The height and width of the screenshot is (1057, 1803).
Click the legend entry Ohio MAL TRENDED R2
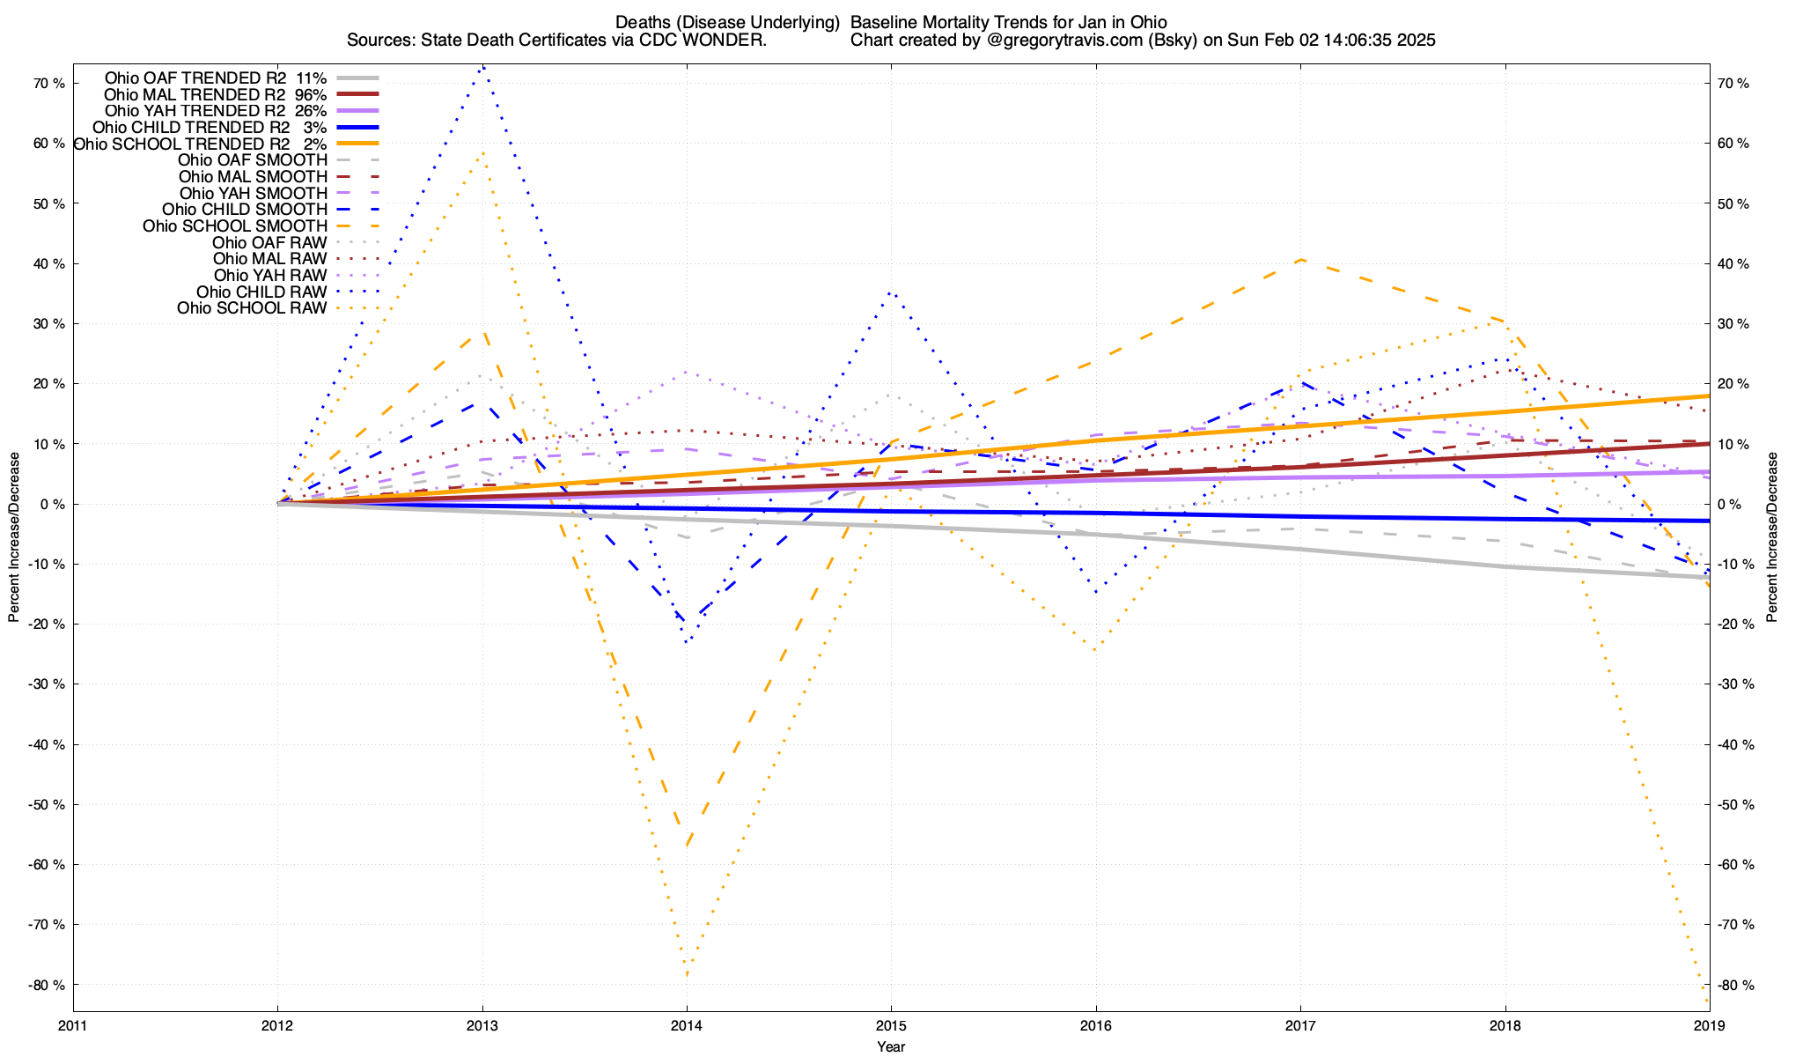(195, 94)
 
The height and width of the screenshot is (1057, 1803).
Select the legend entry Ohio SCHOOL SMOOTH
(235, 226)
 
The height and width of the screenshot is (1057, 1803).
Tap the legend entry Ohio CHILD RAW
(261, 292)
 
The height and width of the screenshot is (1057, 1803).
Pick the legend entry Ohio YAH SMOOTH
(254, 193)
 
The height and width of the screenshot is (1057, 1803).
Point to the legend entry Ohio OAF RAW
(269, 242)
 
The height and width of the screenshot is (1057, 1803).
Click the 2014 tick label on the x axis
(687, 1025)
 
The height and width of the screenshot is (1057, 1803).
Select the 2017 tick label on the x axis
(1300, 1025)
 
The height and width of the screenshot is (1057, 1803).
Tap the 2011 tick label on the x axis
(73, 1025)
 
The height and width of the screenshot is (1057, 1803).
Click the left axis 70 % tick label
(48, 83)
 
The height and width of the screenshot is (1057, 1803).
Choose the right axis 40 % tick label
(1733, 263)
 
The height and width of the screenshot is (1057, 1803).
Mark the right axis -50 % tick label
(1732, 804)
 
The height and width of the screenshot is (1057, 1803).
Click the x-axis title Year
(891, 1046)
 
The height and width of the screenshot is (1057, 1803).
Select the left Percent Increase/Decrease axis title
(14, 537)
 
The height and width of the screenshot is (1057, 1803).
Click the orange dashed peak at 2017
(1300, 259)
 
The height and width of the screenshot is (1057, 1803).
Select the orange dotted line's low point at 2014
(687, 974)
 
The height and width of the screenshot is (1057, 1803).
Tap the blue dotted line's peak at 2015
(891, 292)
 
